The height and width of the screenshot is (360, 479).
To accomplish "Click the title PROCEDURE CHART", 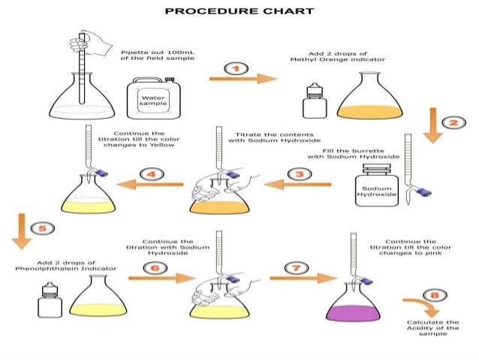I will click(239, 11).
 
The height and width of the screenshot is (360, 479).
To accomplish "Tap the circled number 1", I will click(236, 69).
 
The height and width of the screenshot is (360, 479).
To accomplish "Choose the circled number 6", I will click(153, 268).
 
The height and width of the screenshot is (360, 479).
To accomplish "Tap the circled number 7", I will click(297, 268).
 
